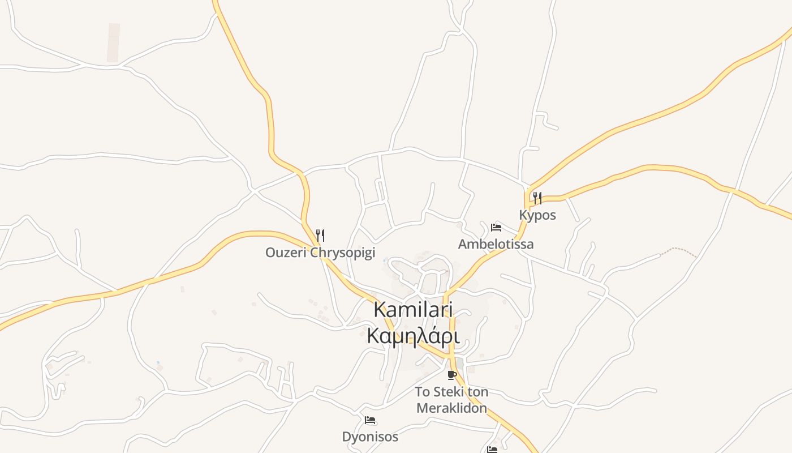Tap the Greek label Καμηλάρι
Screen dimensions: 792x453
(x=412, y=336)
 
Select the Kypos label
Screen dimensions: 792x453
(x=537, y=215)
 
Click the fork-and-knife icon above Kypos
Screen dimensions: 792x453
(x=537, y=198)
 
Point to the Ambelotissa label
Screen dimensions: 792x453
(x=496, y=244)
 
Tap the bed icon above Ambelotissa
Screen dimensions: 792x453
(x=496, y=228)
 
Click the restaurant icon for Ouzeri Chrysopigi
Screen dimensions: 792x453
(x=320, y=235)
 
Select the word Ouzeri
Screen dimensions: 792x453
(x=286, y=253)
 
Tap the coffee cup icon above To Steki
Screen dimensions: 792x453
(x=451, y=375)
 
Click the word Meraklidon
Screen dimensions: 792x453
(x=451, y=408)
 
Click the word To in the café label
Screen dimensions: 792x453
(x=423, y=392)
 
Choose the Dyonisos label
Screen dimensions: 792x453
(x=370, y=437)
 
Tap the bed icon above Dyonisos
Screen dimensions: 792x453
(x=370, y=420)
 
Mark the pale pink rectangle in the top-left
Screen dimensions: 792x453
(x=114, y=42)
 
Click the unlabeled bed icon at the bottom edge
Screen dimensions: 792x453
(x=492, y=450)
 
